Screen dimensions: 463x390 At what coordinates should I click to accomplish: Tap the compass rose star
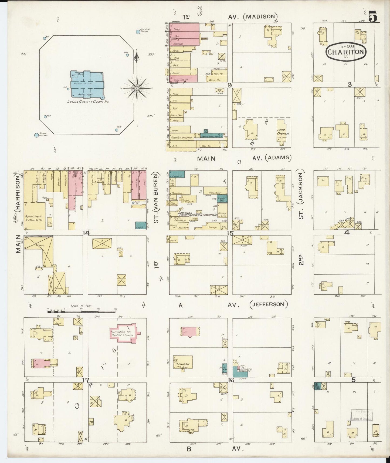point(137,88)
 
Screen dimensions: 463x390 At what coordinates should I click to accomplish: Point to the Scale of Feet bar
point(82,311)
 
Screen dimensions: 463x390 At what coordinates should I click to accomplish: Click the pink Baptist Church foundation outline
point(126,333)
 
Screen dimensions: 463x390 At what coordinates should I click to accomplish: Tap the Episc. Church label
point(283,132)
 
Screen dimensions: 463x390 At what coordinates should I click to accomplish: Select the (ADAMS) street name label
point(278,157)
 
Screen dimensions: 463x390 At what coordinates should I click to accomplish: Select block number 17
point(86,380)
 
